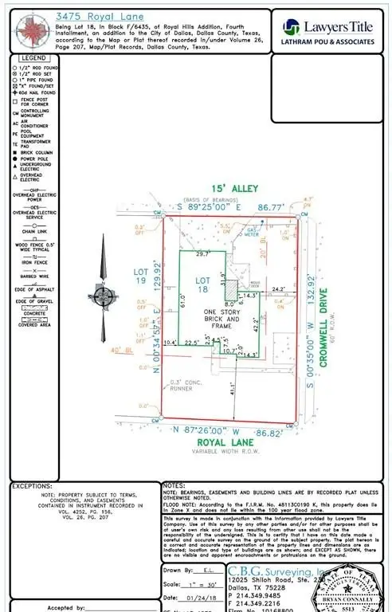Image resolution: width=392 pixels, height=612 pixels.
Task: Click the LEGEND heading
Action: pos(33,59)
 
